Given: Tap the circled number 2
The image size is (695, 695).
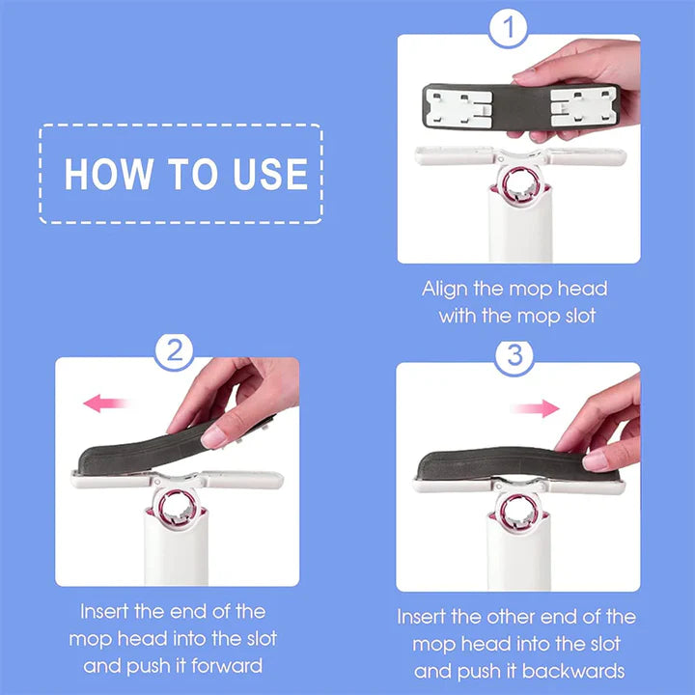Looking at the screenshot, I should (175, 351).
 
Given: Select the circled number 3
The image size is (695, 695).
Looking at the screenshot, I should (514, 356).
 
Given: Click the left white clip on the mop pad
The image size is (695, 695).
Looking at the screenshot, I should (454, 105).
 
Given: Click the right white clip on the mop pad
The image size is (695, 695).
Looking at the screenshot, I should (579, 106).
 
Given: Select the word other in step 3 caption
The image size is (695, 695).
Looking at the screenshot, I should (520, 617).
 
